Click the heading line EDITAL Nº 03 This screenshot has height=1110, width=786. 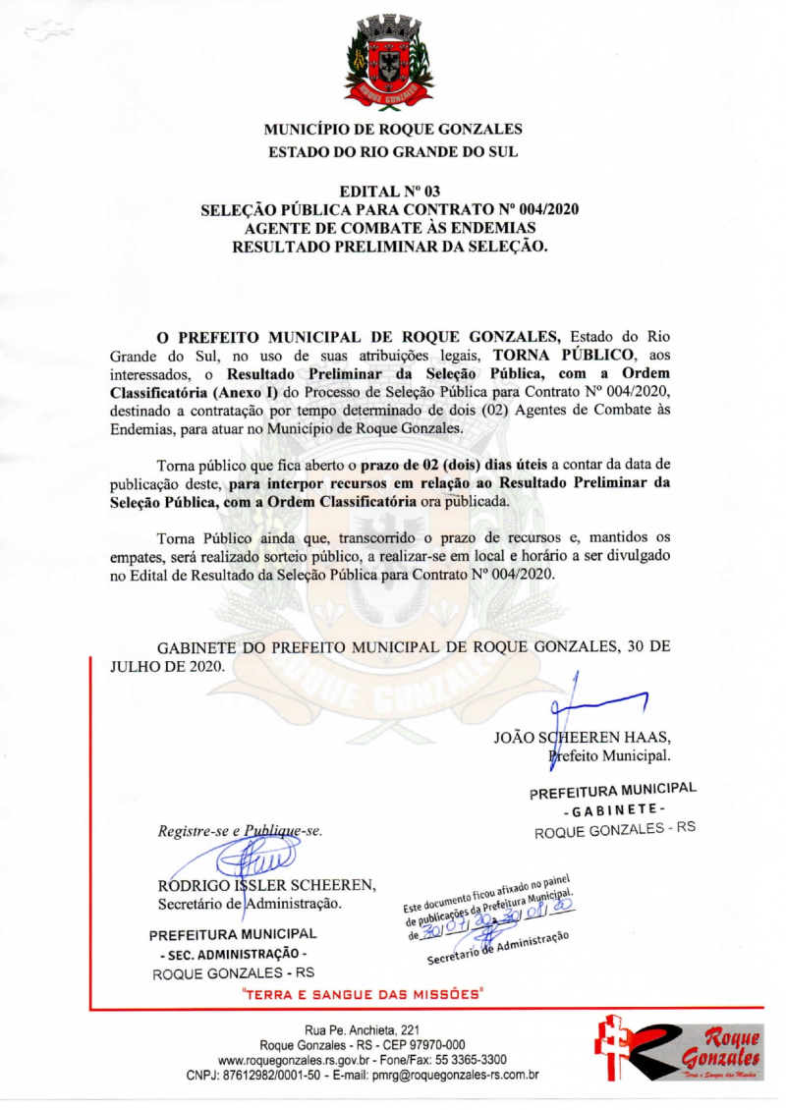coord(392,191)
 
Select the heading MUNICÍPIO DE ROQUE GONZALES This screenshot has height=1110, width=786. coord(393,130)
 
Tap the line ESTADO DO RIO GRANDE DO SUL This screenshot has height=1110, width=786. coord(393,152)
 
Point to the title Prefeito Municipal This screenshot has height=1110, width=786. coord(609,756)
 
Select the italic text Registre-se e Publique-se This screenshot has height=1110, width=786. coord(241,831)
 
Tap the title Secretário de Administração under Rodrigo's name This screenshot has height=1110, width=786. coord(250,902)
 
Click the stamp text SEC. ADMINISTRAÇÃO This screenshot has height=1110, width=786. coord(233,954)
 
